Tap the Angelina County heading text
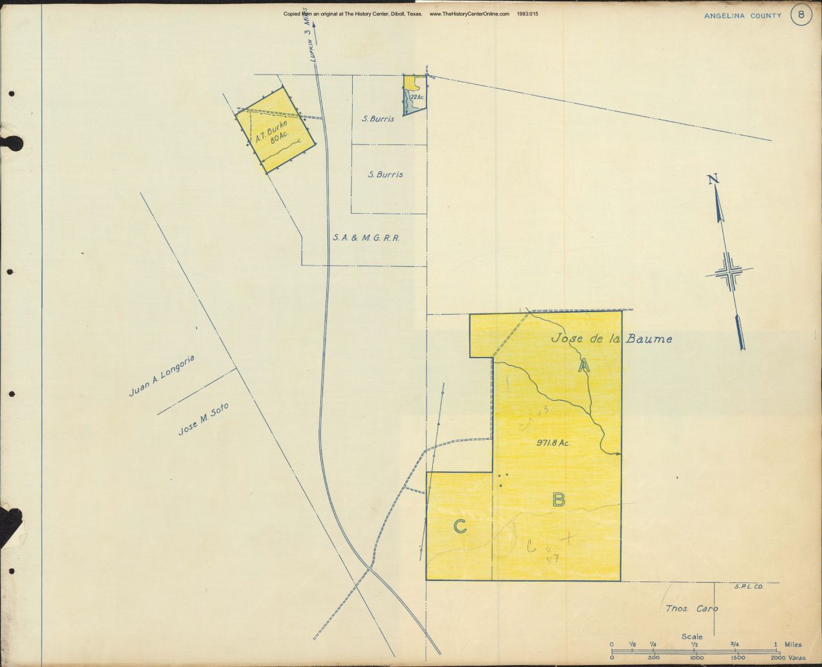point(744,16)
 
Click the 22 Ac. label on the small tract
point(417,98)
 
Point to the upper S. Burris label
point(378,119)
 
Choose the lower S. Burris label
point(385,174)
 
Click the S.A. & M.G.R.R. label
point(366,238)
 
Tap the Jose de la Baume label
point(611,338)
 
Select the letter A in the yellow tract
point(584,366)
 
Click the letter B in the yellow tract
point(559,499)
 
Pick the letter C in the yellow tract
point(460,526)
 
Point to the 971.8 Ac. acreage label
point(553,443)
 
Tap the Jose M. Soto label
point(203,419)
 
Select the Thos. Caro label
point(692,609)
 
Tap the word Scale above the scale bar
point(692,637)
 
